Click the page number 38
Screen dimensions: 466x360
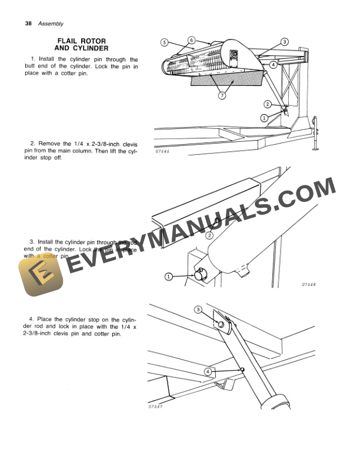point(28,24)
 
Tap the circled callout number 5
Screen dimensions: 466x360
point(164,42)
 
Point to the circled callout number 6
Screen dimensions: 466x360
point(191,39)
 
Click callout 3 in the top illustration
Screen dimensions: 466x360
point(284,42)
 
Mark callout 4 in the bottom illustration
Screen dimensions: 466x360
point(208,372)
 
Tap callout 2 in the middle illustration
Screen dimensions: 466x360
point(209,235)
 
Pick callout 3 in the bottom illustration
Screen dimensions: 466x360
point(198,309)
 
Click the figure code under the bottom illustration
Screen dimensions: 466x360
point(155,407)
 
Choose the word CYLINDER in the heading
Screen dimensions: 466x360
point(89,48)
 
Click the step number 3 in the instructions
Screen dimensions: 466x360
point(31,242)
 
